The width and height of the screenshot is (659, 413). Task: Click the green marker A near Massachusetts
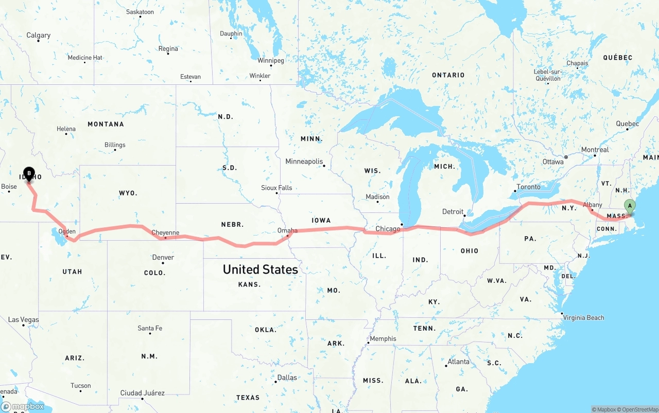[629, 206]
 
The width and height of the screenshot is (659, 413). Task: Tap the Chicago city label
[388, 229]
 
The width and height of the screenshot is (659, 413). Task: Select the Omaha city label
[287, 230]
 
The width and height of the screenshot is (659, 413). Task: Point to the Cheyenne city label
[166, 232]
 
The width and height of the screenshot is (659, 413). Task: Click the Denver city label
[163, 257]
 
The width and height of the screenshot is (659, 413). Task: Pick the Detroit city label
[453, 212]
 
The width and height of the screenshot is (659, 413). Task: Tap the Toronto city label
[529, 187]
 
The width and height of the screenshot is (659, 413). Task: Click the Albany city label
[593, 205]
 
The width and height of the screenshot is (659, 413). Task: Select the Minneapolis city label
[304, 161]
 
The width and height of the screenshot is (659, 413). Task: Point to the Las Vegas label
[24, 320]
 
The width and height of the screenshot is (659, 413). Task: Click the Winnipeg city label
[271, 60]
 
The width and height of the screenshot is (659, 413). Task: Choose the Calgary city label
[39, 35]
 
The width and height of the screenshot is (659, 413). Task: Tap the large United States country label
[261, 270]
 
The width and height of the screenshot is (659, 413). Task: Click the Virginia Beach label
[583, 317]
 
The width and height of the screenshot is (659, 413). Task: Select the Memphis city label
[383, 338]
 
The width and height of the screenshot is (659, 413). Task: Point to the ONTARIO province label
[448, 75]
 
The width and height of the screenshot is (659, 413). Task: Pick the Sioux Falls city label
[276, 188]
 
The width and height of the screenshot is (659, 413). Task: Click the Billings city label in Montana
[115, 145]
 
